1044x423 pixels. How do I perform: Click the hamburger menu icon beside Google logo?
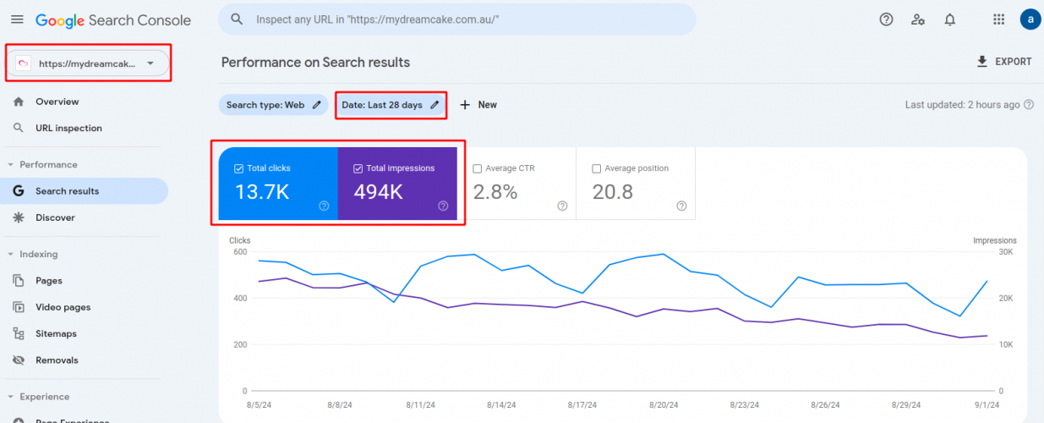pos(17,19)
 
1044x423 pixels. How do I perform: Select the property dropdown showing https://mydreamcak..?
pos(88,63)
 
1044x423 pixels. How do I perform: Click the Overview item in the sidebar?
pos(57,102)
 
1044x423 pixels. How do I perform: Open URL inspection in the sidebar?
pos(68,129)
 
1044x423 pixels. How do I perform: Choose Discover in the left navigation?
pos(55,217)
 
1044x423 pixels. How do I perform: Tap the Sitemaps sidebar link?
pos(56,333)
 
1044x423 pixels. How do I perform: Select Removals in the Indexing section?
pos(57,360)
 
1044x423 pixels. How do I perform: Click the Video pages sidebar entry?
pos(63,307)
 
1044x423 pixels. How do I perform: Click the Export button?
pos(1003,62)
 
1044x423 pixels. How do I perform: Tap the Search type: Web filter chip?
pos(272,105)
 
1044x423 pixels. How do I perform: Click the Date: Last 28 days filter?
pos(390,105)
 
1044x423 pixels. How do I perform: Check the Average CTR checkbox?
pos(478,168)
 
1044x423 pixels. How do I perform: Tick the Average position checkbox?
pos(598,168)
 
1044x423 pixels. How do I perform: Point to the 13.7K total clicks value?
pos(262,192)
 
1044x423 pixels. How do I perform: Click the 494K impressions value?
pos(378,192)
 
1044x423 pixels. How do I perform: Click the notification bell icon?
pos(950,19)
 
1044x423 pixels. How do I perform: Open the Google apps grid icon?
pos(999,19)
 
